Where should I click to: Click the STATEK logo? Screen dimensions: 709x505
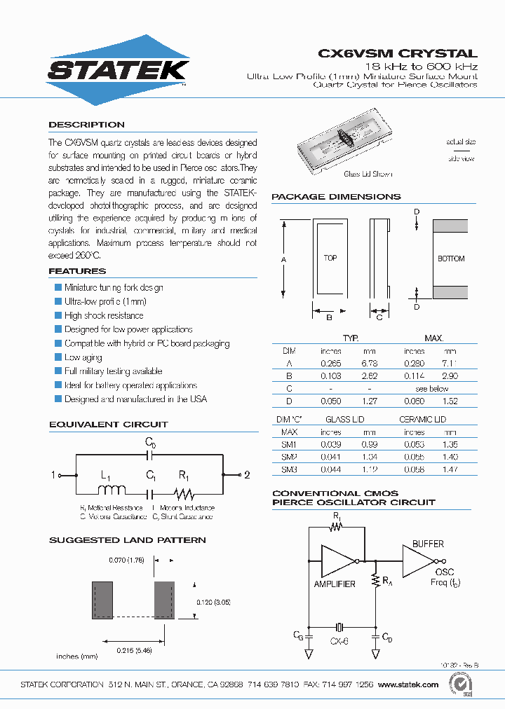click(118, 70)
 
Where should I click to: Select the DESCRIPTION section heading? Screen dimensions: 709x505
click(86, 125)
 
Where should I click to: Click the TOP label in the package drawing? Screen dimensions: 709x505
click(330, 258)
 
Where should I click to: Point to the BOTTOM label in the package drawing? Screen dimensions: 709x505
click(451, 259)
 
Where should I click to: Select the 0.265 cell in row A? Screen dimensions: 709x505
click(330, 364)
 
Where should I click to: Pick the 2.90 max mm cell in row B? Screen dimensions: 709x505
click(450, 376)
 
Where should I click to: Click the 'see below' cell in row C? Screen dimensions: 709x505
click(431, 388)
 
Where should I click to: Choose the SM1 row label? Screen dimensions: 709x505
click(289, 443)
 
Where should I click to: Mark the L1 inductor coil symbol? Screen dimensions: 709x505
click(112, 490)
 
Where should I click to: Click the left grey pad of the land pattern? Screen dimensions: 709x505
click(102, 600)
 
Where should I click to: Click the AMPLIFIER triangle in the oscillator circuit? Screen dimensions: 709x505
click(337, 560)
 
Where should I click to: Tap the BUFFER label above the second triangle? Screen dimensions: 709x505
click(428, 544)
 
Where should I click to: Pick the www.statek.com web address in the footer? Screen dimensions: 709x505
click(408, 684)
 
